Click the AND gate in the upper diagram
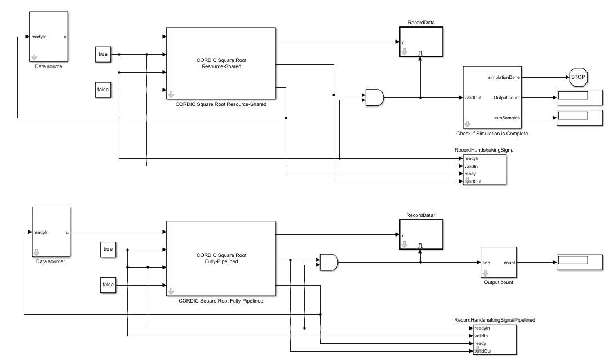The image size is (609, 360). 374,97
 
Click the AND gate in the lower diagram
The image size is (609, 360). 328,261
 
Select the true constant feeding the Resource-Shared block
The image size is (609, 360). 103,55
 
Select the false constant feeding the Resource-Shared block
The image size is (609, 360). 103,90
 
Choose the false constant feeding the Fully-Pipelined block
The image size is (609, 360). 108,285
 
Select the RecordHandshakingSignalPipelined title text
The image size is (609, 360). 494,319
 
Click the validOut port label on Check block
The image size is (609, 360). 473,97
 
